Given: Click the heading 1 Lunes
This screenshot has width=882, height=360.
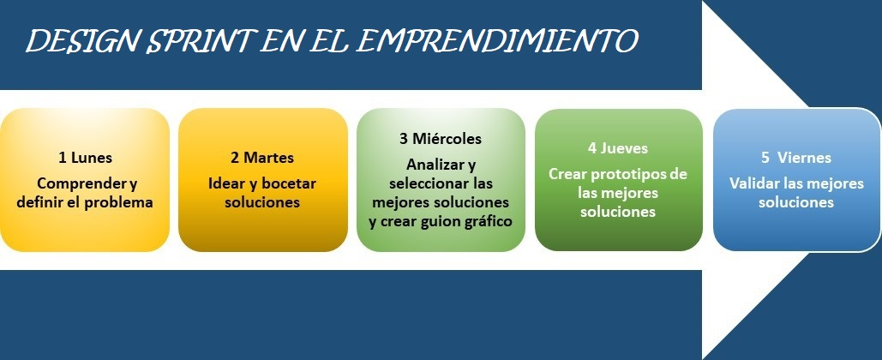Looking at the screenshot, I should [x=85, y=158].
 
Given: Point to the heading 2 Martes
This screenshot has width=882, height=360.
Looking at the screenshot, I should [x=262, y=158].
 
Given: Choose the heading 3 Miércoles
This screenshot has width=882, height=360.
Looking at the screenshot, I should [x=441, y=138].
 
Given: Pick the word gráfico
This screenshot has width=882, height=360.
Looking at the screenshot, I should [x=487, y=222].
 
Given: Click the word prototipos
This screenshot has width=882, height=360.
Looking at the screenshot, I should [x=623, y=173].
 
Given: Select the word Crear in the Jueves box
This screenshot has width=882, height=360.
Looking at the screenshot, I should [x=567, y=173].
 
